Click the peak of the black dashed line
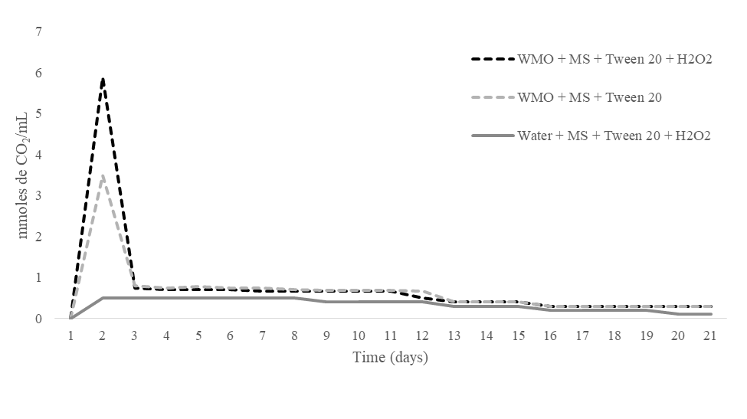pos(103,79)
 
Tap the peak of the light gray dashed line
pos(103,175)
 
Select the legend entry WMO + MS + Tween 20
pos(590,97)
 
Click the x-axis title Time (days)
pos(390,358)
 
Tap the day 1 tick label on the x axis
pos(70,336)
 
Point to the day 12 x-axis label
pos(423,336)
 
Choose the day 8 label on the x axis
pos(295,336)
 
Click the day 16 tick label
pos(551,336)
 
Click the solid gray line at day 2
pos(103,297)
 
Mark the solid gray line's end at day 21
pos(711,314)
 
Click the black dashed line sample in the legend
pos(493,59)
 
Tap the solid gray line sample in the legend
pos(493,136)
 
